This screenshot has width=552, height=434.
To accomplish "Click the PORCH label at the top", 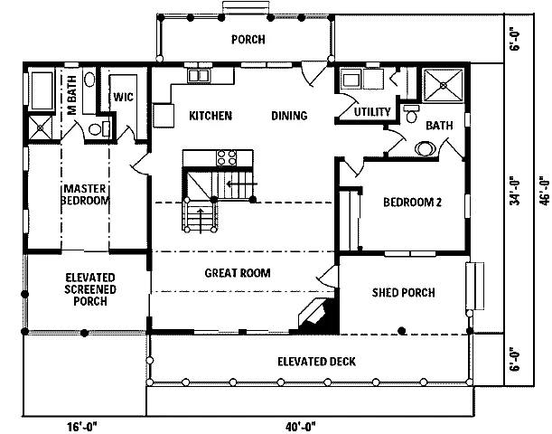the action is coord(248,39).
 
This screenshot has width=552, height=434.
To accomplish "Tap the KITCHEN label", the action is coord(211,116).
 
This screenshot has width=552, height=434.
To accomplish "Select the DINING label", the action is coord(289,116).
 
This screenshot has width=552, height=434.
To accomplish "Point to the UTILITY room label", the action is coord(372,112).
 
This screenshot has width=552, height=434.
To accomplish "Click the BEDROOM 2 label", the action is coord(412,203).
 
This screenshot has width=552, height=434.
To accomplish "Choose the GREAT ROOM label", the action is coord(238,273).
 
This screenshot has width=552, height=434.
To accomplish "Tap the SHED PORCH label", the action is coord(404,292).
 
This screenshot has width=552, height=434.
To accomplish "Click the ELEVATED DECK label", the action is coord(316,362).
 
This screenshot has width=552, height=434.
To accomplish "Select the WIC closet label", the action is coord(123,97).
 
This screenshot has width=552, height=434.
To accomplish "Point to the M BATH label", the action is coord(71,95).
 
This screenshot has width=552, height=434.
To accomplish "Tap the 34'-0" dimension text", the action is coord(515,192).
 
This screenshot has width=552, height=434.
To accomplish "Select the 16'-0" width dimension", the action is coord(81,427).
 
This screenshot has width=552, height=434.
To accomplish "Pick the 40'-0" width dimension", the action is coord(301,427).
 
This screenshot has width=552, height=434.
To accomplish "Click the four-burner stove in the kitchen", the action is coord(227,157).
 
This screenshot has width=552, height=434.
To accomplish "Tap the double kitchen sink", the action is coord(198,76).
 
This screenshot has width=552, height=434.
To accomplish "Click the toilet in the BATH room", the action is coord(411,113).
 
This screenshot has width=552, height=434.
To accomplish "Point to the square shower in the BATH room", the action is coord(444,85).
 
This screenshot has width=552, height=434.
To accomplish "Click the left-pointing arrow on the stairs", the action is coord(242,184).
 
